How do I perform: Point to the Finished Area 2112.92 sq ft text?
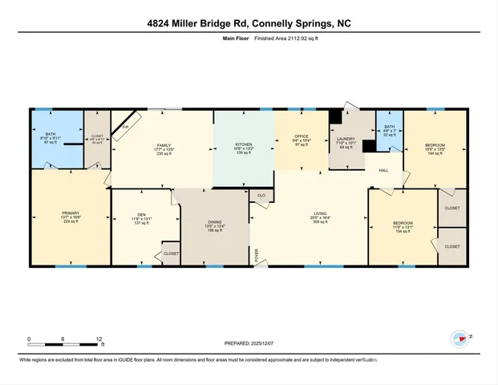(x=265, y=38)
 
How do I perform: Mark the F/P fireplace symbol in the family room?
(x=126, y=130)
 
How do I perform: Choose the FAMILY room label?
(x=164, y=144)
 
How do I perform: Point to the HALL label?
(x=383, y=170)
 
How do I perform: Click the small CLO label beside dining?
(x=261, y=195)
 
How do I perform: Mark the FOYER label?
(x=257, y=257)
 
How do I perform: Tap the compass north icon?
(x=460, y=339)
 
